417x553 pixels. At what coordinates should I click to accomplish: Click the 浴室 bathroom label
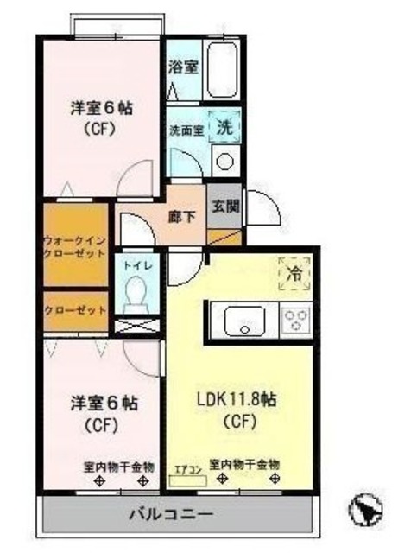tap(185, 66)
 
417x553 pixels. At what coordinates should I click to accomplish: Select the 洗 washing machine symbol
tap(224, 126)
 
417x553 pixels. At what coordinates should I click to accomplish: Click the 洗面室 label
tap(186, 130)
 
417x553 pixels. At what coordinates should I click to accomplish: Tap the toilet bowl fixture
tap(136, 299)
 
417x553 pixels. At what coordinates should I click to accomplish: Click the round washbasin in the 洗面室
tap(226, 161)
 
